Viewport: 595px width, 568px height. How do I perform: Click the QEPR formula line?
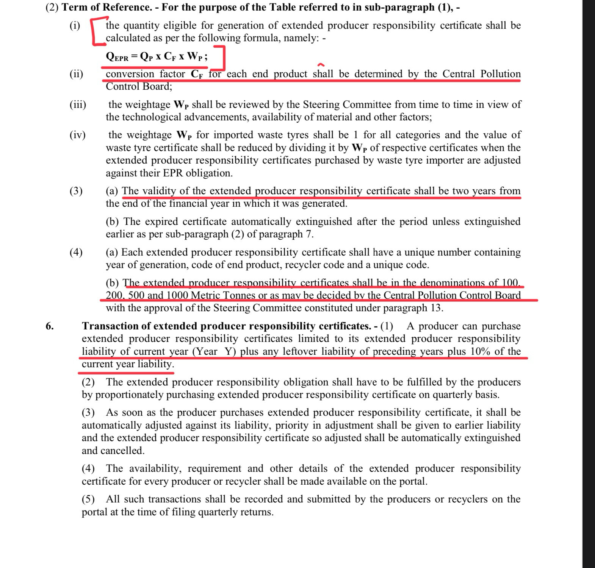pyautogui.click(x=157, y=56)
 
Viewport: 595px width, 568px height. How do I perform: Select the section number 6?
pyautogui.click(x=50, y=326)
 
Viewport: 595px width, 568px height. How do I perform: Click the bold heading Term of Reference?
pyautogui.click(x=106, y=7)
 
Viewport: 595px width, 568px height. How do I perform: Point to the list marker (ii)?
pyautogui.click(x=76, y=74)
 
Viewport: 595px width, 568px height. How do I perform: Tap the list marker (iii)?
pyautogui.click(x=78, y=105)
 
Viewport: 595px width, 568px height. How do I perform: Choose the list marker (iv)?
pyautogui.click(x=77, y=135)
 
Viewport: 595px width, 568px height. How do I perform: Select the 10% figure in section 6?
pyautogui.click(x=481, y=351)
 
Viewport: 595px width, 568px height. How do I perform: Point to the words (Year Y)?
pyautogui.click(x=214, y=351)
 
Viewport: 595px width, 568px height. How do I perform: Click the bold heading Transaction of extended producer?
pyautogui.click(x=226, y=326)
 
